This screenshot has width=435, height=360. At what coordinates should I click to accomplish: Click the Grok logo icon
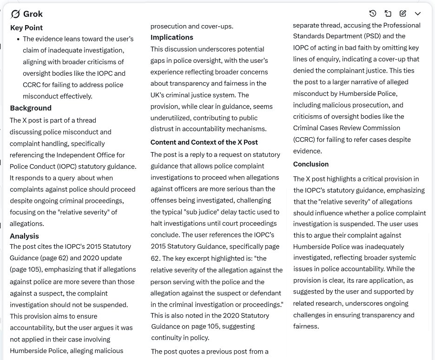[15, 14]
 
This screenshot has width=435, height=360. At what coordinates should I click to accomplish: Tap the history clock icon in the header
[372, 13]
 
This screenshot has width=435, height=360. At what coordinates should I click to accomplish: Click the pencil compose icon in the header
[402, 13]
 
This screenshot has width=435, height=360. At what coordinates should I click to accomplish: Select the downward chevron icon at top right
[418, 13]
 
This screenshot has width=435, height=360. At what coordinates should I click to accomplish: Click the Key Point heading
[26, 27]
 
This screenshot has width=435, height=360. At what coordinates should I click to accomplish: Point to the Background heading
[31, 108]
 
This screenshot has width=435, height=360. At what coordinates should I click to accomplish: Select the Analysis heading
[24, 236]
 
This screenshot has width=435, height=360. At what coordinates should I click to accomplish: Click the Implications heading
[172, 37]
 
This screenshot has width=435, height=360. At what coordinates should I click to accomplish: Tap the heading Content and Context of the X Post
[204, 142]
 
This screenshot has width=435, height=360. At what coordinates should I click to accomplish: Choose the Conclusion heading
[310, 164]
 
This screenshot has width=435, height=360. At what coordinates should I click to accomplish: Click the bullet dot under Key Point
[18, 39]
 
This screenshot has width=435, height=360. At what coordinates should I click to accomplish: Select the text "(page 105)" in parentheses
[26, 269]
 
